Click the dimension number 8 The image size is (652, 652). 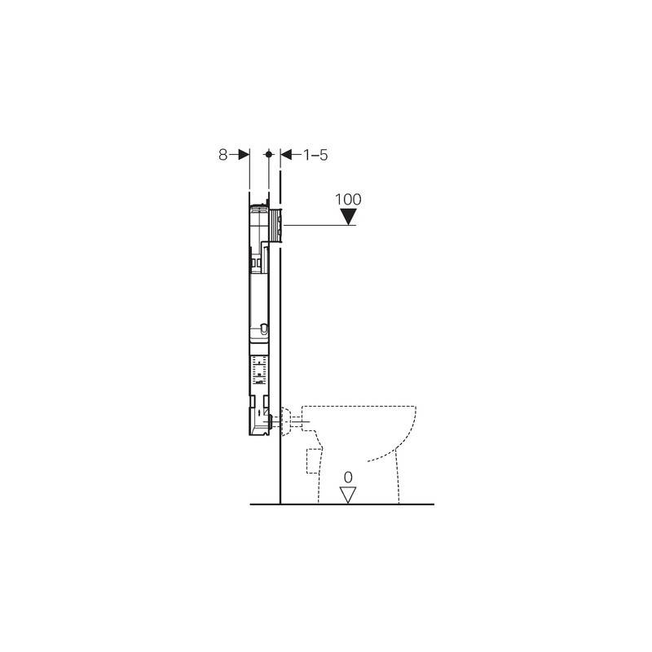pyautogui.click(x=222, y=155)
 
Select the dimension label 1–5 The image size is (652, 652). pyautogui.click(x=315, y=155)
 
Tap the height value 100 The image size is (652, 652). pyautogui.click(x=349, y=199)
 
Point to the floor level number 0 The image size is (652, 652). pyautogui.click(x=348, y=477)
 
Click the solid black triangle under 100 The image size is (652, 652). pyautogui.click(x=348, y=216)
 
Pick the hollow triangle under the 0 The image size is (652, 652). pyautogui.click(x=348, y=495)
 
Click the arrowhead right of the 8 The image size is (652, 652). pyautogui.click(x=244, y=155)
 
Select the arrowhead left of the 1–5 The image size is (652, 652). pyautogui.click(x=286, y=155)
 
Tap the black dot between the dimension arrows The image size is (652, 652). pyautogui.click(x=269, y=154)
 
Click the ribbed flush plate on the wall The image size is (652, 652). pyautogui.click(x=275, y=226)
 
